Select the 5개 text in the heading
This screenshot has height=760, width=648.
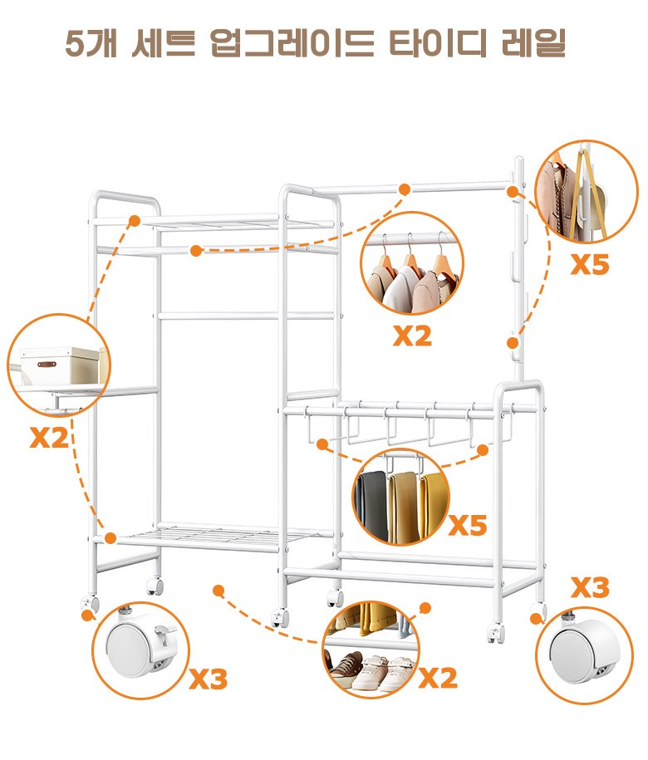(91, 43)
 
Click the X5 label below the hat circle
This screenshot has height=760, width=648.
(589, 265)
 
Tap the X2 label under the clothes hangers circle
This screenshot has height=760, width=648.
(412, 335)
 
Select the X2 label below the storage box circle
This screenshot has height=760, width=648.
(49, 437)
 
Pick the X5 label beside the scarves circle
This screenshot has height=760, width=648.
(468, 525)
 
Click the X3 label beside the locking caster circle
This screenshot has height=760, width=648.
(209, 679)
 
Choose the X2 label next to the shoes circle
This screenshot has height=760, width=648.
(438, 678)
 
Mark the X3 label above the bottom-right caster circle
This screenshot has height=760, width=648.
(590, 588)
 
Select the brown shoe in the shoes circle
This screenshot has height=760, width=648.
(346, 664)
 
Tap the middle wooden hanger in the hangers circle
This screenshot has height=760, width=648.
(410, 262)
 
